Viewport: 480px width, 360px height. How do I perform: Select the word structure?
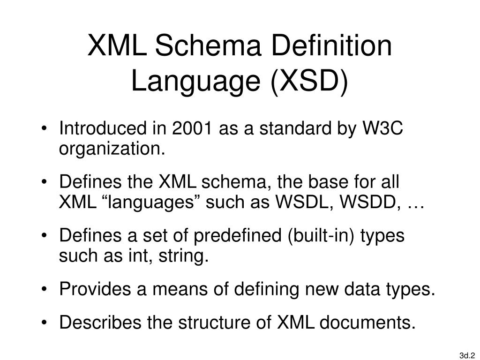[x=210, y=322]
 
